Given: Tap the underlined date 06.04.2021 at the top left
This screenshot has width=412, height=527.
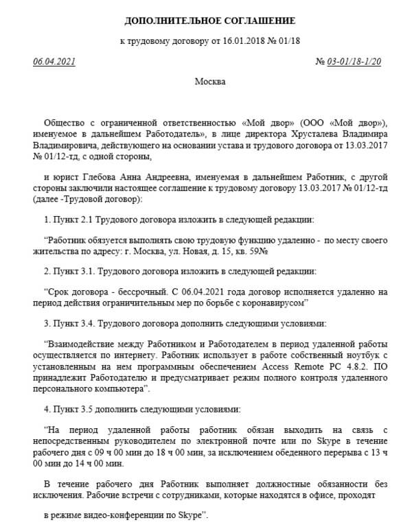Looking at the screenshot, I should tap(54, 62).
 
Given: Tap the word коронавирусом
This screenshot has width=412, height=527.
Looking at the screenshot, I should tap(271, 303).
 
